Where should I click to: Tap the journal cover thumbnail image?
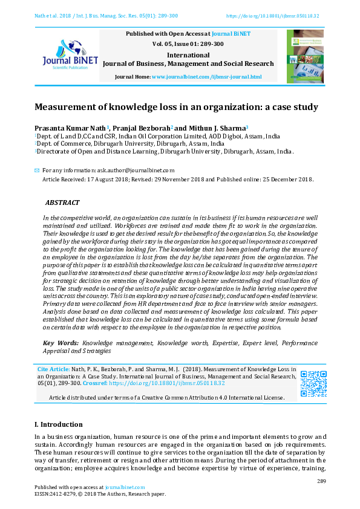(x=305, y=56)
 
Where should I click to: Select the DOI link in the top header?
(x=273, y=16)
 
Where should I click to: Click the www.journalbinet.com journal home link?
(x=206, y=77)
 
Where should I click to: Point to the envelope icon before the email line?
(x=37, y=170)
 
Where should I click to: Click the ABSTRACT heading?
(x=62, y=203)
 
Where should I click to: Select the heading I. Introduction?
(x=59, y=424)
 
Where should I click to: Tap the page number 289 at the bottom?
(x=321, y=481)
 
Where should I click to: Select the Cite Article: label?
(x=53, y=369)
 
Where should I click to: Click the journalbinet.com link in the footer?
(x=125, y=487)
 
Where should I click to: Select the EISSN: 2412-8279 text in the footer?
(x=59, y=494)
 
